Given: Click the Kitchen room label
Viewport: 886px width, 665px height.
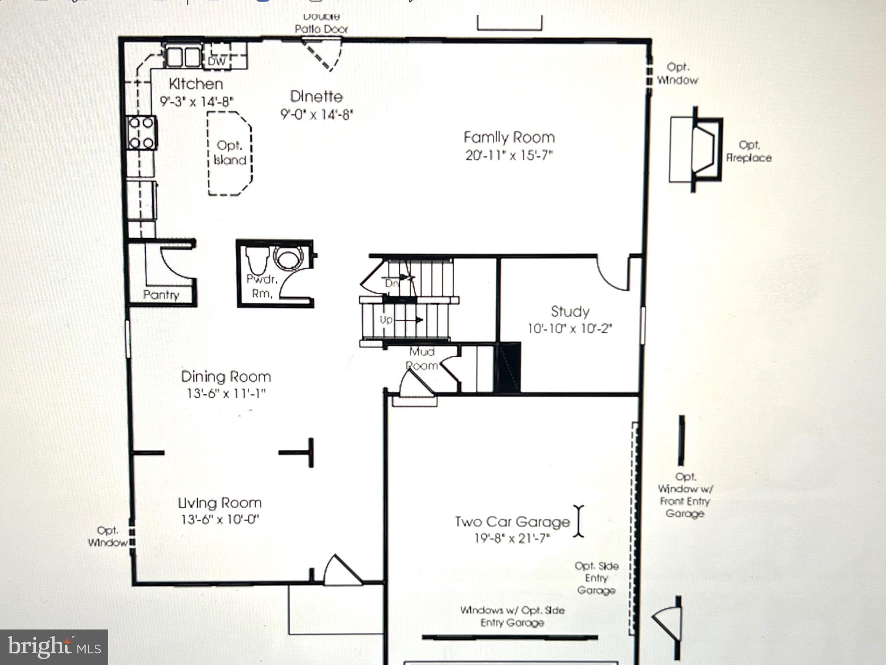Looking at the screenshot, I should pyautogui.click(x=196, y=84).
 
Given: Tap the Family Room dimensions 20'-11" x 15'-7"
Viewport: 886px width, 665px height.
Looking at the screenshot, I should pyautogui.click(x=509, y=155).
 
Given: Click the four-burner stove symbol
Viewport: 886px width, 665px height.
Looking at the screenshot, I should pyautogui.click(x=141, y=132).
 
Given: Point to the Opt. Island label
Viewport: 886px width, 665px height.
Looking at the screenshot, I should pyautogui.click(x=230, y=152).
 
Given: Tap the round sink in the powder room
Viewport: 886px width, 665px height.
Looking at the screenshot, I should pyautogui.click(x=287, y=259).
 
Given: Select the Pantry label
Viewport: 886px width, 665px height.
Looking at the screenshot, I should pyautogui.click(x=161, y=295).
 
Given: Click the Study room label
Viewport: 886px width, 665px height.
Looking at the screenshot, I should pyautogui.click(x=570, y=311).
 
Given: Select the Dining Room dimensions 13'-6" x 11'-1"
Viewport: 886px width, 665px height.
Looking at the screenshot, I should pyautogui.click(x=226, y=394).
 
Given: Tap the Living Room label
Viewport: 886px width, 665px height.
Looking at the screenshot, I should pyautogui.click(x=220, y=503).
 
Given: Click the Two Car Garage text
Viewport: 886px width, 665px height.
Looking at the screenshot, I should pyautogui.click(x=512, y=522).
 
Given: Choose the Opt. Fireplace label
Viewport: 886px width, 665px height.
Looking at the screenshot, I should pyautogui.click(x=749, y=151).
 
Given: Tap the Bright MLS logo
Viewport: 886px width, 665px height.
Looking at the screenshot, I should pyautogui.click(x=54, y=647).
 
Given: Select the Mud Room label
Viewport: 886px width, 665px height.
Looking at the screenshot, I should pyautogui.click(x=422, y=358).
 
